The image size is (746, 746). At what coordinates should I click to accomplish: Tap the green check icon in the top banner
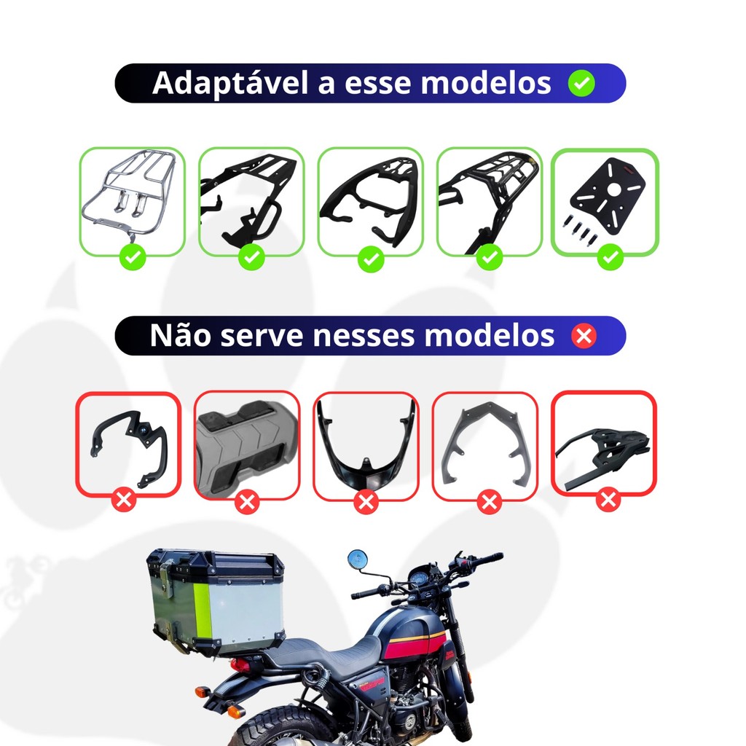pyautogui.click(x=581, y=83)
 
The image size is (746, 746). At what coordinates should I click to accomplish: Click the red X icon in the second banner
pyautogui.click(x=584, y=335)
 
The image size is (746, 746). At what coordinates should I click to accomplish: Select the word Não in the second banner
pyautogui.click(x=181, y=335)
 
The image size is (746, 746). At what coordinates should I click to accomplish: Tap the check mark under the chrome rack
pyautogui.click(x=133, y=257)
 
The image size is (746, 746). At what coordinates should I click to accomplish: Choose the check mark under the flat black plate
pyautogui.click(x=610, y=257)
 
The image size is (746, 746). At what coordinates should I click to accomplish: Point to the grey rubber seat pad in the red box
pyautogui.click(x=246, y=446)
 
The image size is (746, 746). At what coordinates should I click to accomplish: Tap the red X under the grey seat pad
pyautogui.click(x=247, y=502)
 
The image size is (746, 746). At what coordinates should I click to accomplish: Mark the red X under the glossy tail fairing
pyautogui.click(x=366, y=502)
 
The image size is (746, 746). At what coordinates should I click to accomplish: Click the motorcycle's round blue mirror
pyautogui.click(x=357, y=559)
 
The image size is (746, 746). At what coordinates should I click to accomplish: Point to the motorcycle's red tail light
pyautogui.click(x=242, y=664)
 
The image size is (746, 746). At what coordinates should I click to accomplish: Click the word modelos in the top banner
pyautogui.click(x=486, y=83)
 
